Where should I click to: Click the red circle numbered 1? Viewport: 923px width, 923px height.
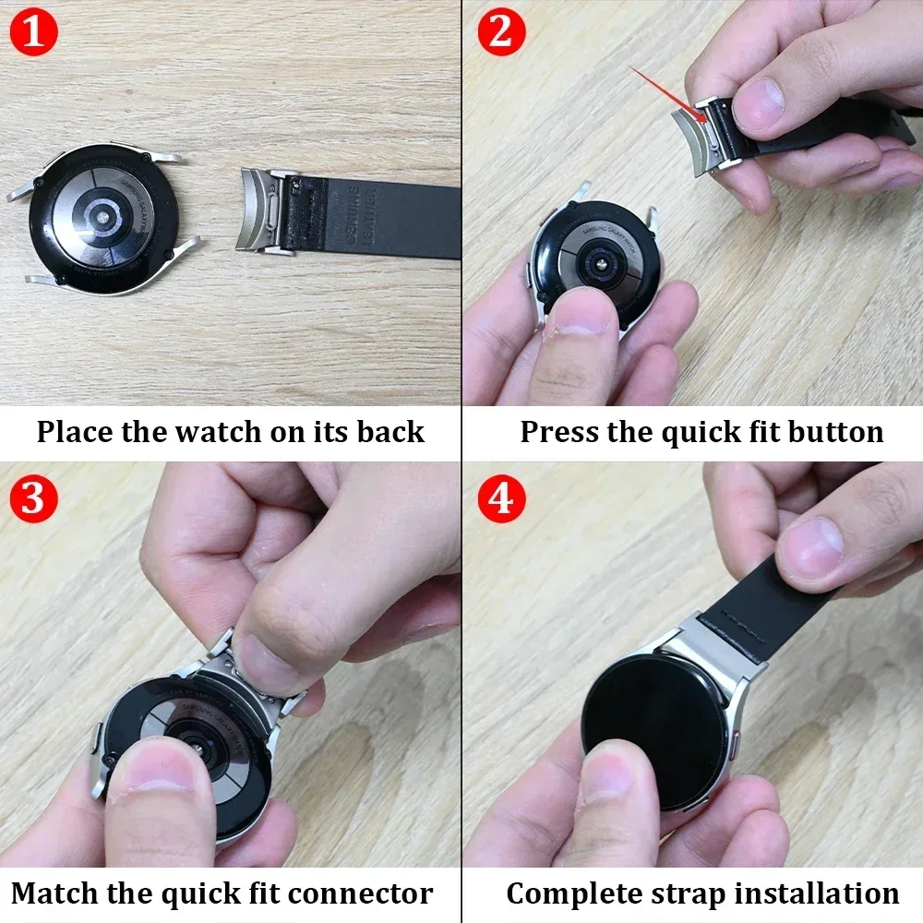point(33,32)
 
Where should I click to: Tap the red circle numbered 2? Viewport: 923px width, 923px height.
point(500,32)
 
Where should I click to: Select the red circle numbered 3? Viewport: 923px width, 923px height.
point(33,499)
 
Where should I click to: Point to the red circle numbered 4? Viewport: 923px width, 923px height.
point(500,499)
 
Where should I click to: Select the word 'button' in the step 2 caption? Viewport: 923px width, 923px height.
point(834,431)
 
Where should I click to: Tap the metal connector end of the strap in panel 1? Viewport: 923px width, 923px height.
point(268,210)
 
